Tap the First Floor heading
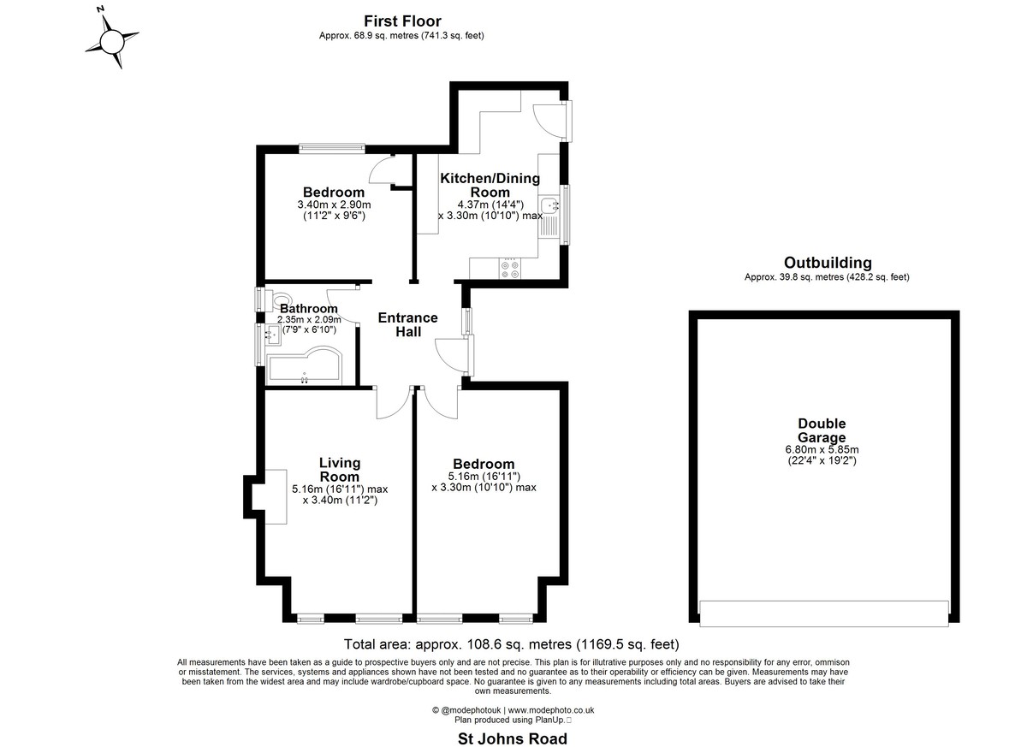coord(402,21)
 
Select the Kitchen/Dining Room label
coord(490,185)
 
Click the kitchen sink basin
coord(549,205)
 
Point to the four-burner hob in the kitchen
coord(509,269)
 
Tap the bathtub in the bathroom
coord(305,365)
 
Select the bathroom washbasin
coord(272,335)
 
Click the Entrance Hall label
coord(407,324)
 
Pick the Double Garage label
coord(822,430)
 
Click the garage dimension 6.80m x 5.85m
coord(822,450)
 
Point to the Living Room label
coord(339,470)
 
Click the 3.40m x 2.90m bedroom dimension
coord(334,205)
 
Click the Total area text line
coord(511,644)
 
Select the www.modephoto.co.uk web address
coord(550,710)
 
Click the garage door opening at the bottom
coord(824,614)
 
